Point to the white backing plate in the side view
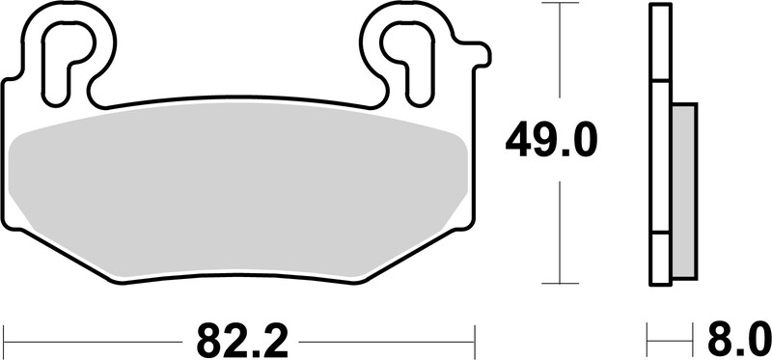661,145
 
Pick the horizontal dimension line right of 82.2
386,340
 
